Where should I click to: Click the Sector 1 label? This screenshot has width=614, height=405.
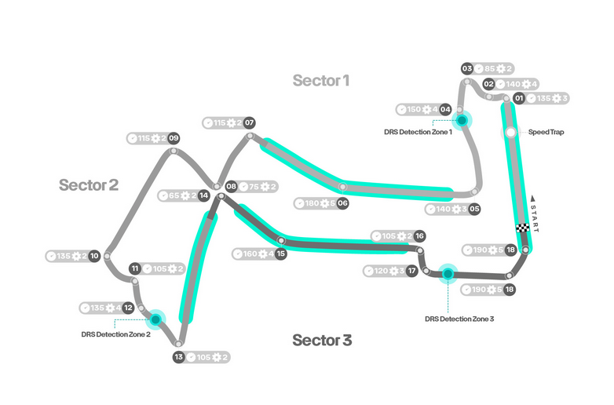tap(320, 80)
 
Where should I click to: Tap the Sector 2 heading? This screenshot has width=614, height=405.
tap(89, 185)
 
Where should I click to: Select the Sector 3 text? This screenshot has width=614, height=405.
tap(322, 340)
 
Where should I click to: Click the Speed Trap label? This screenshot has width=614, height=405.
tap(546, 133)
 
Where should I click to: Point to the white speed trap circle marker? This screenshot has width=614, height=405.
tap(510, 133)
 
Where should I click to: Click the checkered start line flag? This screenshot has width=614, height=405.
tap(522, 228)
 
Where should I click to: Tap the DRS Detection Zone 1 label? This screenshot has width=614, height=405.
tap(418, 133)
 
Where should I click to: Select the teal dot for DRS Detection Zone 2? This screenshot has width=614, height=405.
tap(156, 319)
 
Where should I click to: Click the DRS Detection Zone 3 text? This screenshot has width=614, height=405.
tap(459, 319)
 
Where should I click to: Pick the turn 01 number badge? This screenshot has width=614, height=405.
tap(518, 99)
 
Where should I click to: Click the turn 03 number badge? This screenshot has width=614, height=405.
tap(466, 68)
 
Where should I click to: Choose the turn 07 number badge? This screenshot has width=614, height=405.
tap(249, 123)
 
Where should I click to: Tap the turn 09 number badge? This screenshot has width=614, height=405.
tap(174, 139)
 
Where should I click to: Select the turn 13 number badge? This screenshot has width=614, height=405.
tap(179, 358)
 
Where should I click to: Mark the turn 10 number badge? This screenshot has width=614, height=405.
tap(94, 256)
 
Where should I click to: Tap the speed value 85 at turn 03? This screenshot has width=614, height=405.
tap(490, 68)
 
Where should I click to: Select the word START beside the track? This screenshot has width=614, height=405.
tap(534, 213)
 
